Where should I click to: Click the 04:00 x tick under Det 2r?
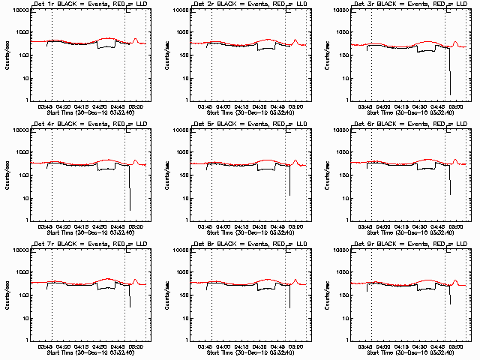(x=222, y=106)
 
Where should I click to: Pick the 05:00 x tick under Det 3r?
(x=456, y=106)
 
